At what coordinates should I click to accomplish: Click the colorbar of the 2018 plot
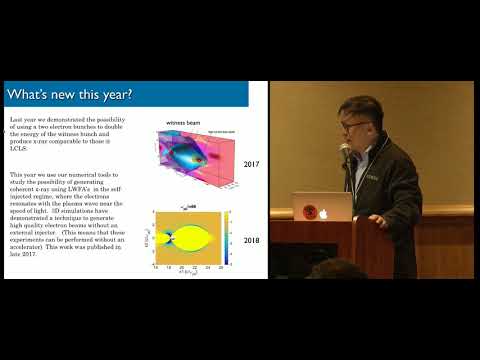click(228, 240)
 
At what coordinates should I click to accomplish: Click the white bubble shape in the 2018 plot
click(191, 240)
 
